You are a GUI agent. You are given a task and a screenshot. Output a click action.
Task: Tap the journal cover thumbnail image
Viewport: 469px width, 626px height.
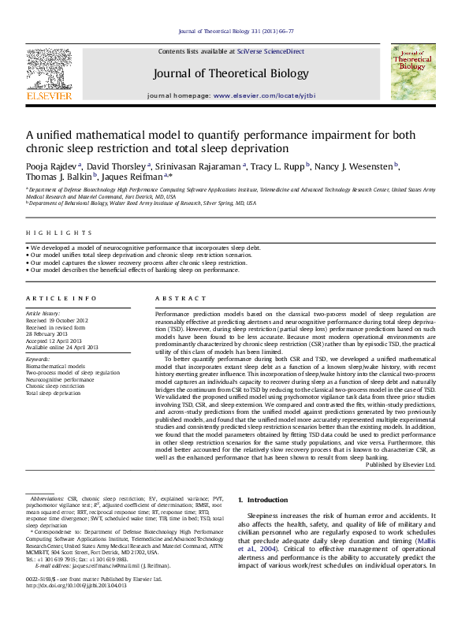tap(412, 72)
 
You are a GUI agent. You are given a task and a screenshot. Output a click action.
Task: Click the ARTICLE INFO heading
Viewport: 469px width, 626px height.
tap(52, 299)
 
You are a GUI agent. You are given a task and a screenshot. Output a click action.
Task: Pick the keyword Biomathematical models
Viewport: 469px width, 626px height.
tap(57, 367)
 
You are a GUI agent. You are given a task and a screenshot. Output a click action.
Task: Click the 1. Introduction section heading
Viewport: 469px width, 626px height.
tap(267, 501)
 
